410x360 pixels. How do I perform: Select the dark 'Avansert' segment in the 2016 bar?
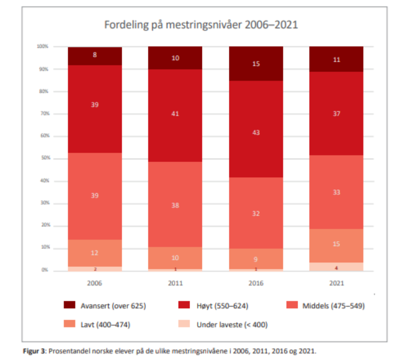point(256,64)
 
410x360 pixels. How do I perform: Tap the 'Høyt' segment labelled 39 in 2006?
point(95,105)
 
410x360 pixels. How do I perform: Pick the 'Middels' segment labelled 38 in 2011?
point(175,205)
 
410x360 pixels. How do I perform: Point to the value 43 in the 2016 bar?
point(256,133)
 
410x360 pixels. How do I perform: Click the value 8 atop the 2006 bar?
point(95,55)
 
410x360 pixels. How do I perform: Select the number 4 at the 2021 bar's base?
point(336,267)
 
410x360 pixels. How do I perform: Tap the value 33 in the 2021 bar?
point(336,192)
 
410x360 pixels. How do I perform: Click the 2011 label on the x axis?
point(175,283)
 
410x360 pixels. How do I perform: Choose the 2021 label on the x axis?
point(336,283)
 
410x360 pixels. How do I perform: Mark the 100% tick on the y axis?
point(42,47)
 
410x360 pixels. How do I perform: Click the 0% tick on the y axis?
point(44,270)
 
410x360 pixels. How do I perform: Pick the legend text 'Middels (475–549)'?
point(333,305)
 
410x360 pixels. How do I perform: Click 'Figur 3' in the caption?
point(34,350)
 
